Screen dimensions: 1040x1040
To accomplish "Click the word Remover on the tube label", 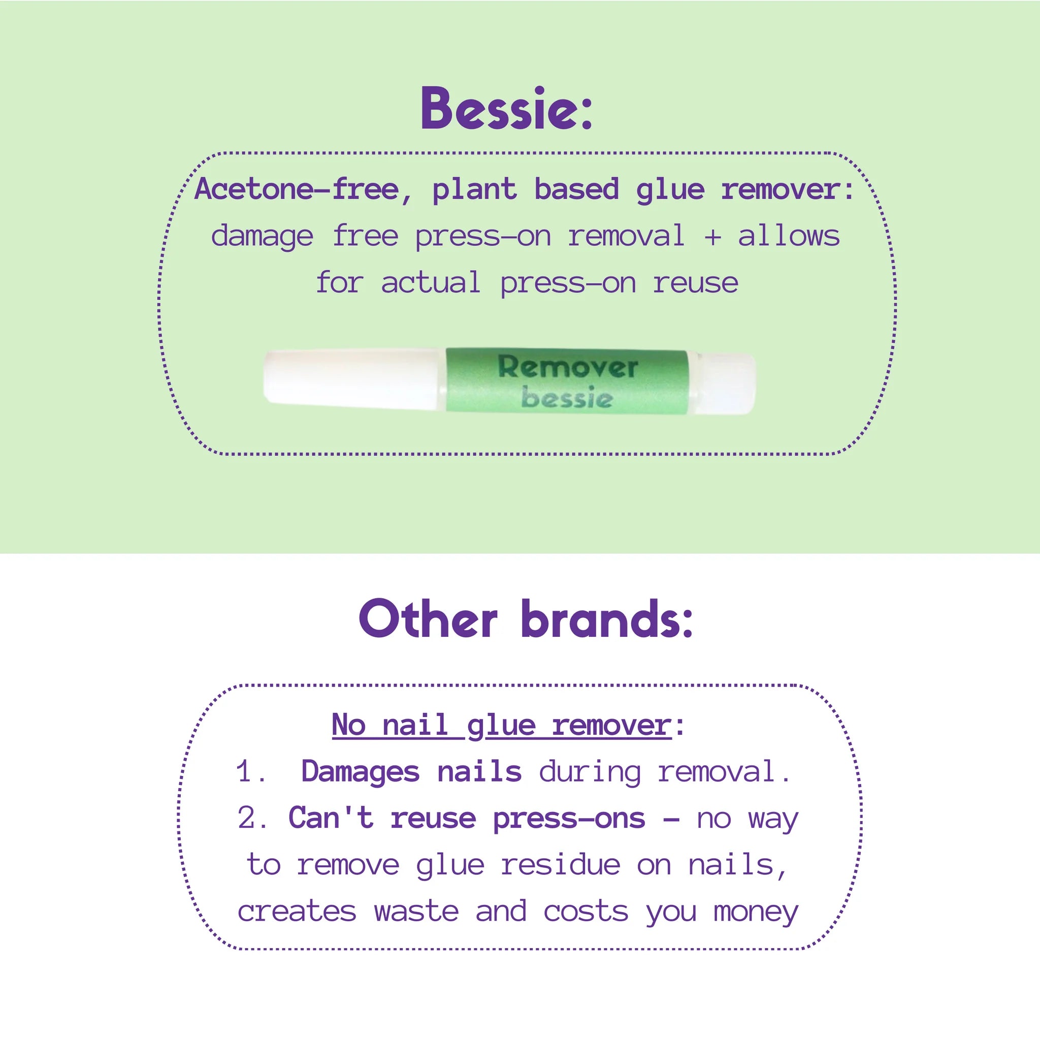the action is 568,367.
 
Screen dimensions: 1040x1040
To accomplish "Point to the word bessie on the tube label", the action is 567,397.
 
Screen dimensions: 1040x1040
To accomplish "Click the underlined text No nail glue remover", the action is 502,725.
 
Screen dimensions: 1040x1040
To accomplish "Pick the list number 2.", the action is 251,818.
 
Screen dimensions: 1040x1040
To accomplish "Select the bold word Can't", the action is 331,818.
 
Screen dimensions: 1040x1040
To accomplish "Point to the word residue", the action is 561,865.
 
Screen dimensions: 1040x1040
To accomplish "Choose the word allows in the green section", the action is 789,236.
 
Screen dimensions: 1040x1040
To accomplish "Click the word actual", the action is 431,283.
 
